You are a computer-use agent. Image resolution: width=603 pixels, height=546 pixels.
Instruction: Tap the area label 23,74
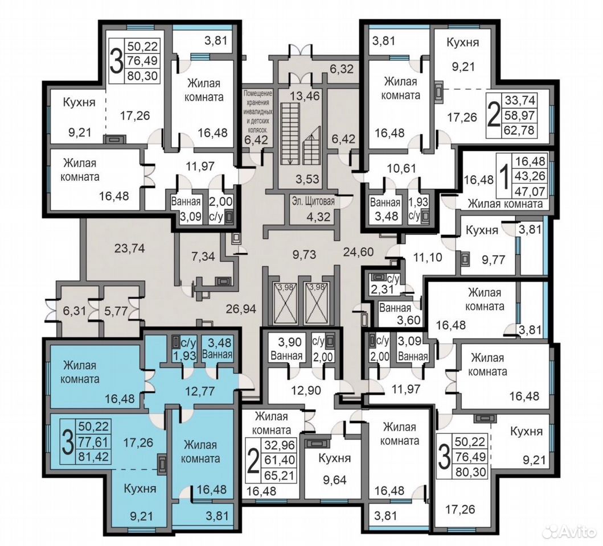[130, 249]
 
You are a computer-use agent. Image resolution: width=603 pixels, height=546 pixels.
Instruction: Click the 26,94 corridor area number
[241, 308]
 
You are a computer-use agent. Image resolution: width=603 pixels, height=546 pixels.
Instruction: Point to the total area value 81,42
[95, 457]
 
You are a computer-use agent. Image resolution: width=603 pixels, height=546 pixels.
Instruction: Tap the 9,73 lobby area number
[304, 254]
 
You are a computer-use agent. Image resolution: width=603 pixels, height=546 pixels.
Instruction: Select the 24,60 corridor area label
[358, 252]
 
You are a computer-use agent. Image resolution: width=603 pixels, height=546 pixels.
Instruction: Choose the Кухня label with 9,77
[482, 230]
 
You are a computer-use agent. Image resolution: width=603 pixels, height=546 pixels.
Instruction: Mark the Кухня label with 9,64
[335, 458]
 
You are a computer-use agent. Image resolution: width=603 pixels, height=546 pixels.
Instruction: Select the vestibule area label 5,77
[116, 311]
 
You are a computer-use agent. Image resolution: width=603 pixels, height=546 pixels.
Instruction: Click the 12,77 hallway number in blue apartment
[199, 391]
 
